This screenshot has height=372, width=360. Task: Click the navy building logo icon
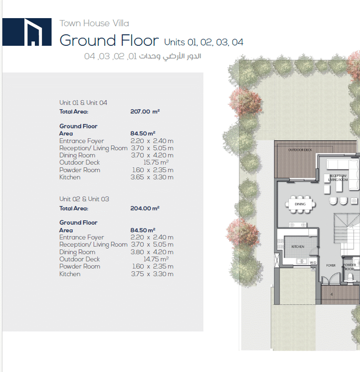coord(27,32)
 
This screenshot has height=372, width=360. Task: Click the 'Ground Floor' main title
coord(109,41)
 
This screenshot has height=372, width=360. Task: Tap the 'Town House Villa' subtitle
coord(94,23)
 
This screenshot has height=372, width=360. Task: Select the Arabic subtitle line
coord(142,56)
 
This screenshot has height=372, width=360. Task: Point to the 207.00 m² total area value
coord(145,111)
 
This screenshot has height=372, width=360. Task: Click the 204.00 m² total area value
coord(145,208)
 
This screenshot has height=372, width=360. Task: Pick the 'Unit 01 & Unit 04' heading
coord(83,103)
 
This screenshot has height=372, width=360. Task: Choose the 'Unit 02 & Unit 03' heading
coord(84,199)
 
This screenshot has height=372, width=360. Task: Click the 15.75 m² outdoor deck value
coord(156,162)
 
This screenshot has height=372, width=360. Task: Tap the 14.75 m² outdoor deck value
coord(156,259)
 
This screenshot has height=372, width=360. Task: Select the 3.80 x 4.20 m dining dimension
coord(152,252)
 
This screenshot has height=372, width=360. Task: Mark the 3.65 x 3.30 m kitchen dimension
coord(152,177)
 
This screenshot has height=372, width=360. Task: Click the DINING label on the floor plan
coord(300,204)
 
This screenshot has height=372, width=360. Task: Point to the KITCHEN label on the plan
coord(298,247)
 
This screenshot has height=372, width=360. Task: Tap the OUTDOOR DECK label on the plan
coord(300,150)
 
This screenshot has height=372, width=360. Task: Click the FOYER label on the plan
coord(331,266)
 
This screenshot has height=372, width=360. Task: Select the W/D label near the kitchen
coord(313,263)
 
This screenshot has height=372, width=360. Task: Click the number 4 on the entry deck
coord(331,294)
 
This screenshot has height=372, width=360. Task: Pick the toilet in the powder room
coord(350,277)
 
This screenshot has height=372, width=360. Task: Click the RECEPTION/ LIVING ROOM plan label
coord(338,178)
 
